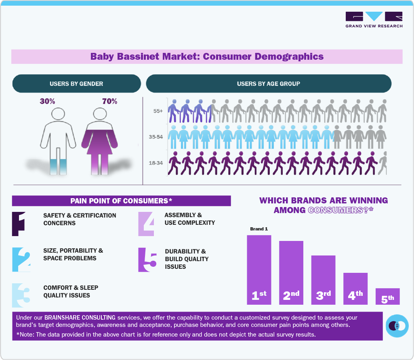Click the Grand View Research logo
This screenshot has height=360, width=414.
click(x=374, y=20)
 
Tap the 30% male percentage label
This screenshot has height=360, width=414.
click(x=47, y=101)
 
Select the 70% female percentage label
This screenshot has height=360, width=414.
click(x=109, y=101)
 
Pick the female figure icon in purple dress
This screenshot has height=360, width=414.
click(x=99, y=141)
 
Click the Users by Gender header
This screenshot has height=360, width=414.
click(x=76, y=84)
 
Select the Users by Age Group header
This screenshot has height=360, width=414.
click(x=268, y=84)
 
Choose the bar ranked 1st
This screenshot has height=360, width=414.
click(x=259, y=270)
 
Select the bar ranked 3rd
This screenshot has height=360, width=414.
click(x=323, y=280)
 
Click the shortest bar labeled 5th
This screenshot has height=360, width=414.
click(x=387, y=296)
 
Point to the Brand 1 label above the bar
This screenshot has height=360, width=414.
click(x=259, y=229)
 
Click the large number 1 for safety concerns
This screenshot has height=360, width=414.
click(x=19, y=224)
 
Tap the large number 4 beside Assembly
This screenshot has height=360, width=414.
click(x=146, y=224)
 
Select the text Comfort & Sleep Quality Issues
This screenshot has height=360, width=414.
click(x=71, y=291)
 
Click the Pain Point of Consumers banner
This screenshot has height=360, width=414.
click(x=121, y=201)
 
